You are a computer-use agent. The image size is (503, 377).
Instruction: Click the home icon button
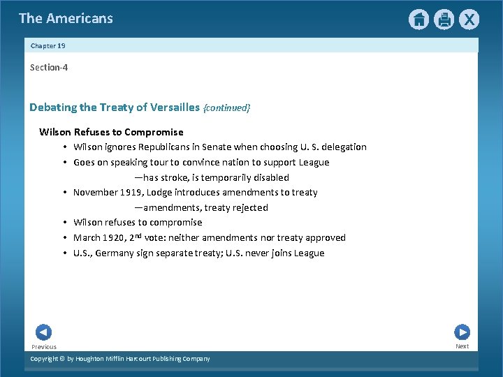(x=418, y=20)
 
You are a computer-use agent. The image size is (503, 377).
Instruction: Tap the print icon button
(x=444, y=20)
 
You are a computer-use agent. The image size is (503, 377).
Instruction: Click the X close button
(x=469, y=20)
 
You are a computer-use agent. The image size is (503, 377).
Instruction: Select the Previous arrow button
(x=43, y=332)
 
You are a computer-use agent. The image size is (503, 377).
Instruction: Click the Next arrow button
(x=462, y=332)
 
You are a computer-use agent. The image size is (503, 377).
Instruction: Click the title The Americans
(x=66, y=19)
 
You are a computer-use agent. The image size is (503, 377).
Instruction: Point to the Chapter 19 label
(x=48, y=45)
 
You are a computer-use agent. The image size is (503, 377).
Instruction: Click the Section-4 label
(x=49, y=68)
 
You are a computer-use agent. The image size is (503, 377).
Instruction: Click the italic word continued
(x=226, y=108)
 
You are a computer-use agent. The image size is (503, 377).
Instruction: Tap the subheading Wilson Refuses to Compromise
(x=111, y=132)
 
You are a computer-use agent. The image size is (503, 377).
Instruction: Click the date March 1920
(x=99, y=238)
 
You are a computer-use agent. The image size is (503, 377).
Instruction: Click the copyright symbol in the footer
(x=61, y=359)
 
